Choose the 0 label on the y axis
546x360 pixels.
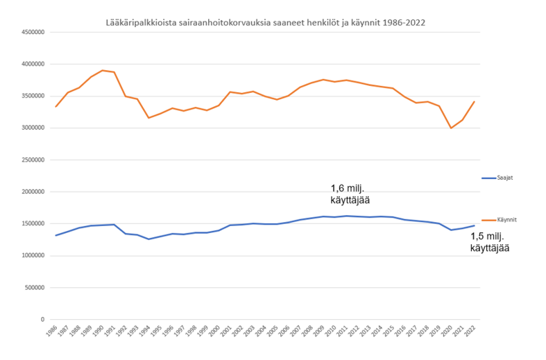tap(43, 320)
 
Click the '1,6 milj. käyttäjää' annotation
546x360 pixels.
tap(350, 194)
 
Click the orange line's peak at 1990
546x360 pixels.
tap(103, 70)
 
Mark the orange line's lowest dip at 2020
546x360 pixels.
tap(452, 128)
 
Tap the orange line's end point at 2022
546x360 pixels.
tap(475, 101)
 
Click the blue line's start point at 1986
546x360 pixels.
tap(56, 236)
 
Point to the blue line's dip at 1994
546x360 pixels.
tap(148, 239)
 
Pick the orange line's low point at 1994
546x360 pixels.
tap(148, 118)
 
